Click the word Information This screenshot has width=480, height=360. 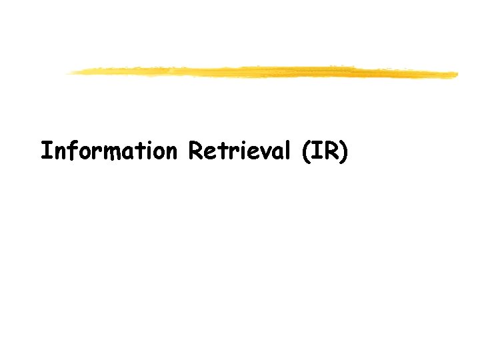pos(108,151)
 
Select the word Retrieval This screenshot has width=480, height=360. pos(239,151)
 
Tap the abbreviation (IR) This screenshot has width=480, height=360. pos(325,152)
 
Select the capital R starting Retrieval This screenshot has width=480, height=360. pos(195,151)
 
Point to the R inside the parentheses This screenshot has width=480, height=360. pos(330,151)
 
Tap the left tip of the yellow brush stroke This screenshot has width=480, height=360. pos(68,73)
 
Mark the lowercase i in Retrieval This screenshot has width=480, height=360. pos(239,151)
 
